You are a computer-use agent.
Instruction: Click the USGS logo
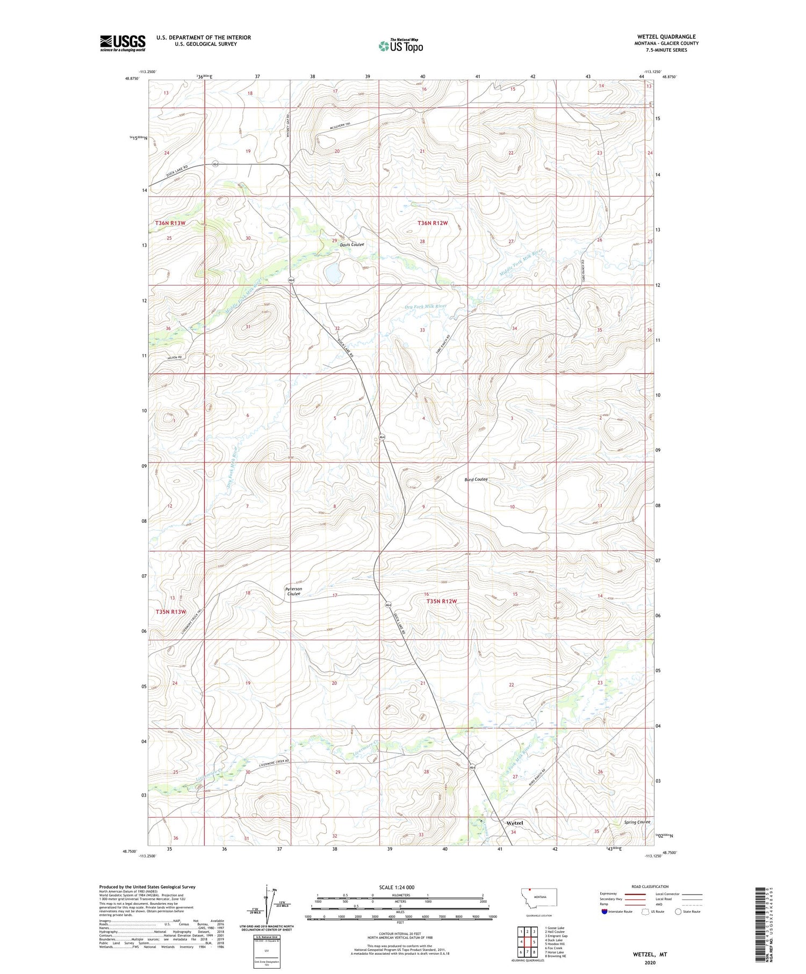pos(123,43)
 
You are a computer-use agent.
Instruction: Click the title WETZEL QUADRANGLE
pos(666,37)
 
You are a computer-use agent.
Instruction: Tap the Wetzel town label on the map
pos(514,823)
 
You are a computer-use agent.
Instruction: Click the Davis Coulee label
pos(351,244)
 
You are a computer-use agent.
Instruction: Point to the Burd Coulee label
pos(476,479)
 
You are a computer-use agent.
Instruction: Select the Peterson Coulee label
pos(293,591)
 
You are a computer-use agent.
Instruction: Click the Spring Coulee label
pos(637,822)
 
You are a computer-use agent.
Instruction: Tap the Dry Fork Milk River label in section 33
pos(425,306)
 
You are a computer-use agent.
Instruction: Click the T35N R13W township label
pos(170,612)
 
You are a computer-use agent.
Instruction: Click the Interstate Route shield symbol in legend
pos(604,912)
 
